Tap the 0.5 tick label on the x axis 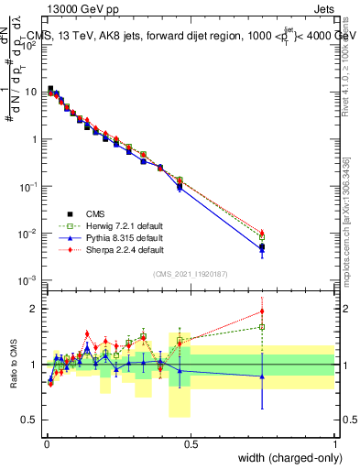click(191, 444)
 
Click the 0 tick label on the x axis click(46, 444)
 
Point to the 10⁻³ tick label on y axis click(30, 280)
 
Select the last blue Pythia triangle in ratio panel click(262, 376)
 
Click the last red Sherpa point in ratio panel click(262, 311)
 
